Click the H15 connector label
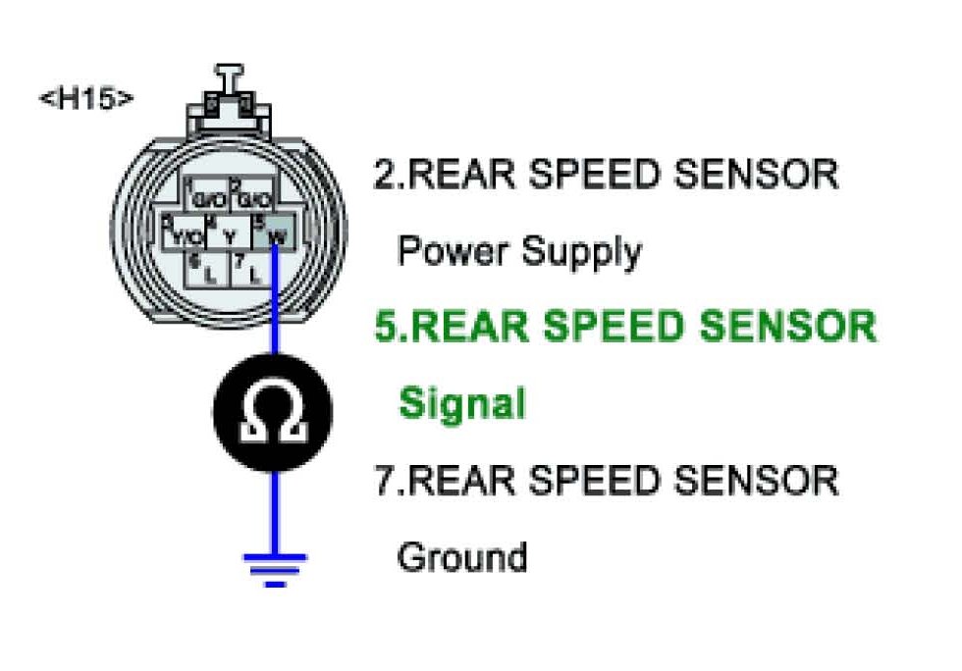pos(86,99)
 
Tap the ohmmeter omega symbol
pos(274,412)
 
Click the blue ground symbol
pos(275,567)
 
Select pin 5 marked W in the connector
pos(277,235)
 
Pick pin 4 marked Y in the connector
pos(229,235)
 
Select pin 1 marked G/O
pos(207,199)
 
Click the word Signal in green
pos(461,403)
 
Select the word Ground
pos(461,556)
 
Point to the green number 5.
pos(387,327)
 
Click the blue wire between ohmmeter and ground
pos(275,510)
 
